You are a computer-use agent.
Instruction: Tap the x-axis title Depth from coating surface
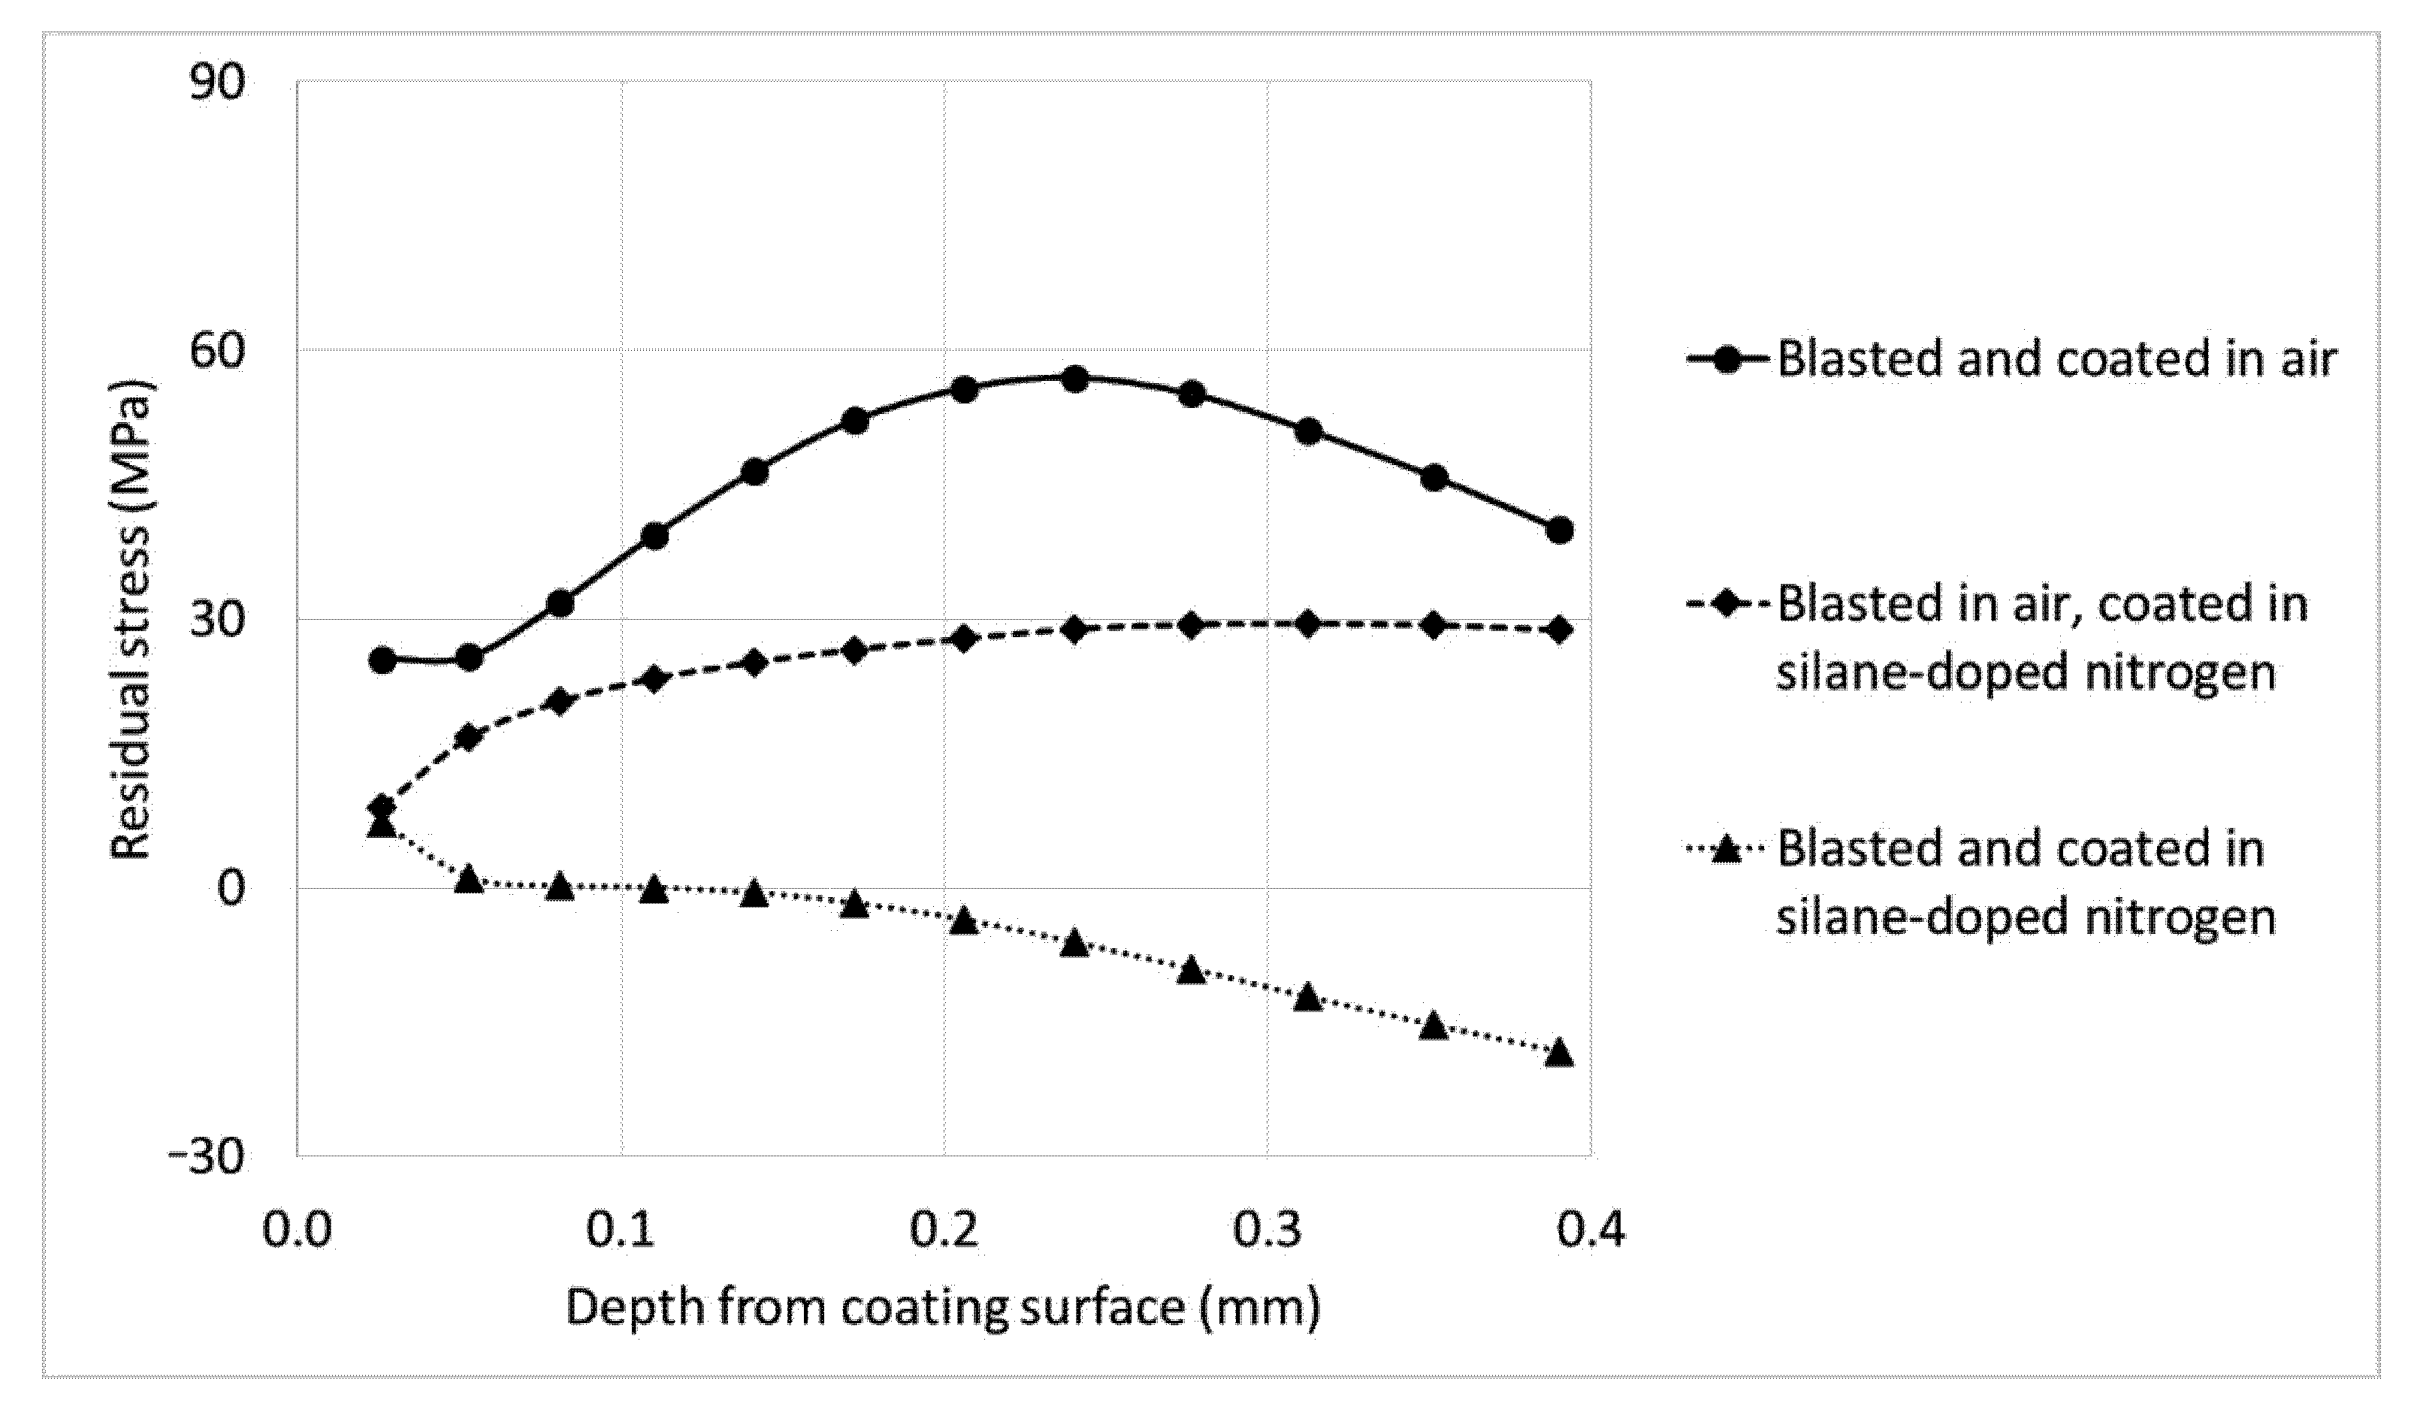(x=943, y=1307)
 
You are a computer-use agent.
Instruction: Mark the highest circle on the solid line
(x=1075, y=379)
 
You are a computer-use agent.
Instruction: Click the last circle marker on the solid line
(x=1560, y=530)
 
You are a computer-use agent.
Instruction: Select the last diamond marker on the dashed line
(x=1560, y=630)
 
